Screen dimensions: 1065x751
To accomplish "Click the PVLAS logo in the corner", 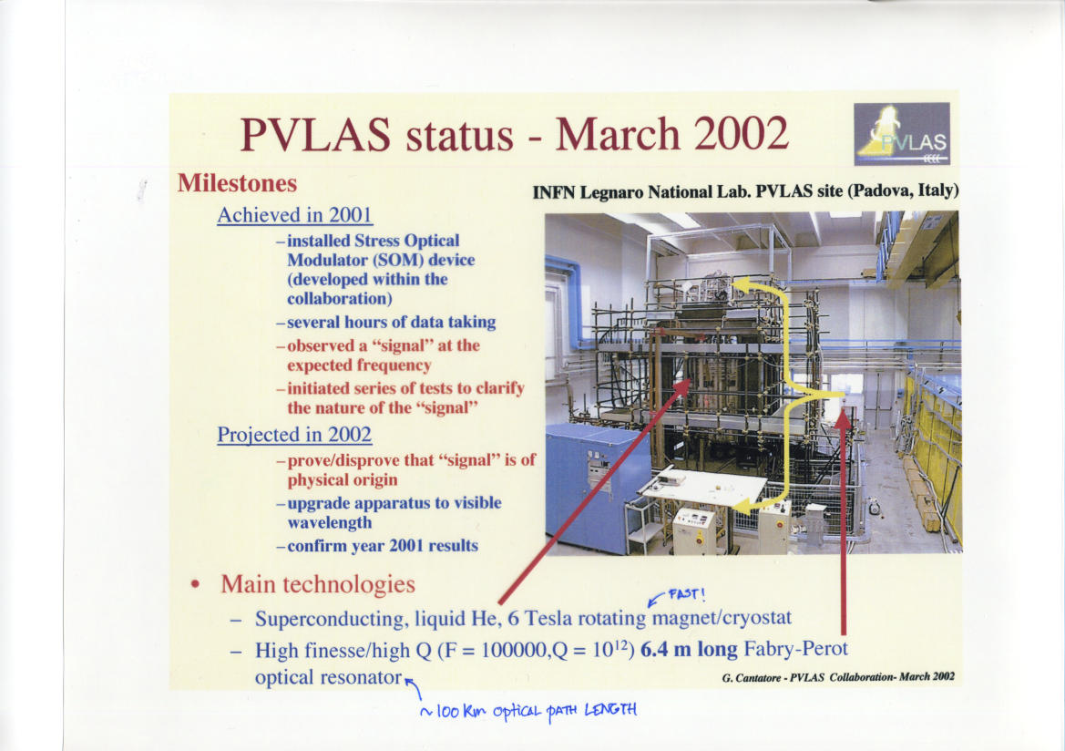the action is pos(901,134).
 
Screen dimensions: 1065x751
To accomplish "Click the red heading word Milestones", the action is pos(237,183).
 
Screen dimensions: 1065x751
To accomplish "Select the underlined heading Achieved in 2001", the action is pos(295,215).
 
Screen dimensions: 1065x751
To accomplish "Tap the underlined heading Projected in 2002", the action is pos(295,435).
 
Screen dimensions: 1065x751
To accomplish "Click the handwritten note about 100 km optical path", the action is pos(529,711).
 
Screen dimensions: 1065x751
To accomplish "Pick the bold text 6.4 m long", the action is pos(689,650).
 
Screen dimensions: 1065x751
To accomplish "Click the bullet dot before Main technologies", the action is pos(196,584).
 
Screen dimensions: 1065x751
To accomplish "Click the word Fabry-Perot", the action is pos(796,649).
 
